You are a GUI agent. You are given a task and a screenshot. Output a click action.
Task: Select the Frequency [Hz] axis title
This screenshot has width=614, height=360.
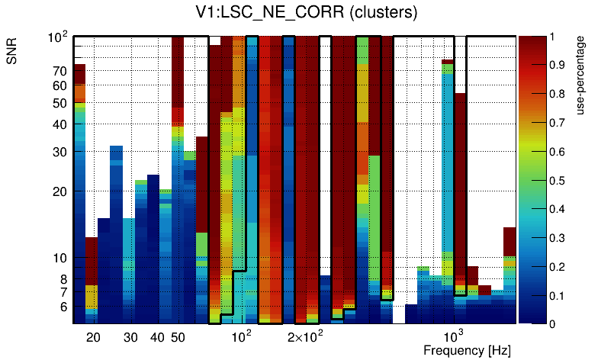466,350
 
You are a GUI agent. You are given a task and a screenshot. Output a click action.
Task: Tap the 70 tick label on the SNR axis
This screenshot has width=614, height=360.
59,71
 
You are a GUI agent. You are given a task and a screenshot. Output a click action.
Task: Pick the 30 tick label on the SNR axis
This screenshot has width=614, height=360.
59,152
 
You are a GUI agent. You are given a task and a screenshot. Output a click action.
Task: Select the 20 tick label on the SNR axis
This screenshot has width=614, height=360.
59,191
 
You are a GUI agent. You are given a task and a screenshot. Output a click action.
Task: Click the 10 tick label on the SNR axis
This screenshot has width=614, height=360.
59,259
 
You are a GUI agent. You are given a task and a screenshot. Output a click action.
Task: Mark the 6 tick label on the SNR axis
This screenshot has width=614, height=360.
62,307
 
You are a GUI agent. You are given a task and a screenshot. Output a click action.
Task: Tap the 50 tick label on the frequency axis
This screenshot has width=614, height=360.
178,337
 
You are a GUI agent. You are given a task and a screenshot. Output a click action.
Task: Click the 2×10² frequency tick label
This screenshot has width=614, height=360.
305,336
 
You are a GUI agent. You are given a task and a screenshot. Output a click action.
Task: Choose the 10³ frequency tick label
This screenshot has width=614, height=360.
454,336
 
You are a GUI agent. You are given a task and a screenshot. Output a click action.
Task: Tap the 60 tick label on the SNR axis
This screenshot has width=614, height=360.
59,85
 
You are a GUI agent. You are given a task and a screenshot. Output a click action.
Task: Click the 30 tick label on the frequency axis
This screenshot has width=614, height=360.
130,337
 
